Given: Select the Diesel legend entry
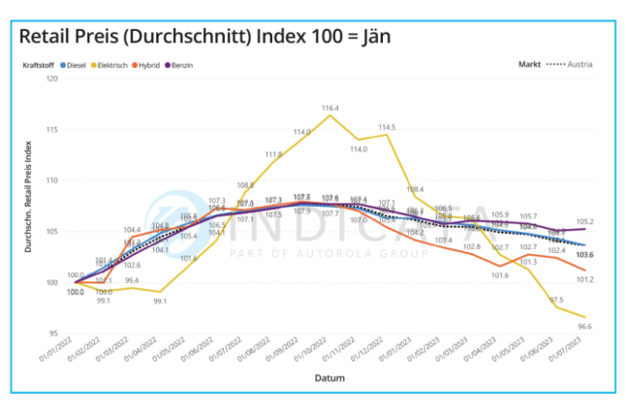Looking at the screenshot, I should [x=77, y=65].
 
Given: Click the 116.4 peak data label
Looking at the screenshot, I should [x=331, y=108].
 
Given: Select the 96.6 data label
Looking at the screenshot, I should [x=585, y=327].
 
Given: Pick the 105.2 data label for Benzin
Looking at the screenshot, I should [x=585, y=222].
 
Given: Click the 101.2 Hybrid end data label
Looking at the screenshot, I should [x=585, y=279].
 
